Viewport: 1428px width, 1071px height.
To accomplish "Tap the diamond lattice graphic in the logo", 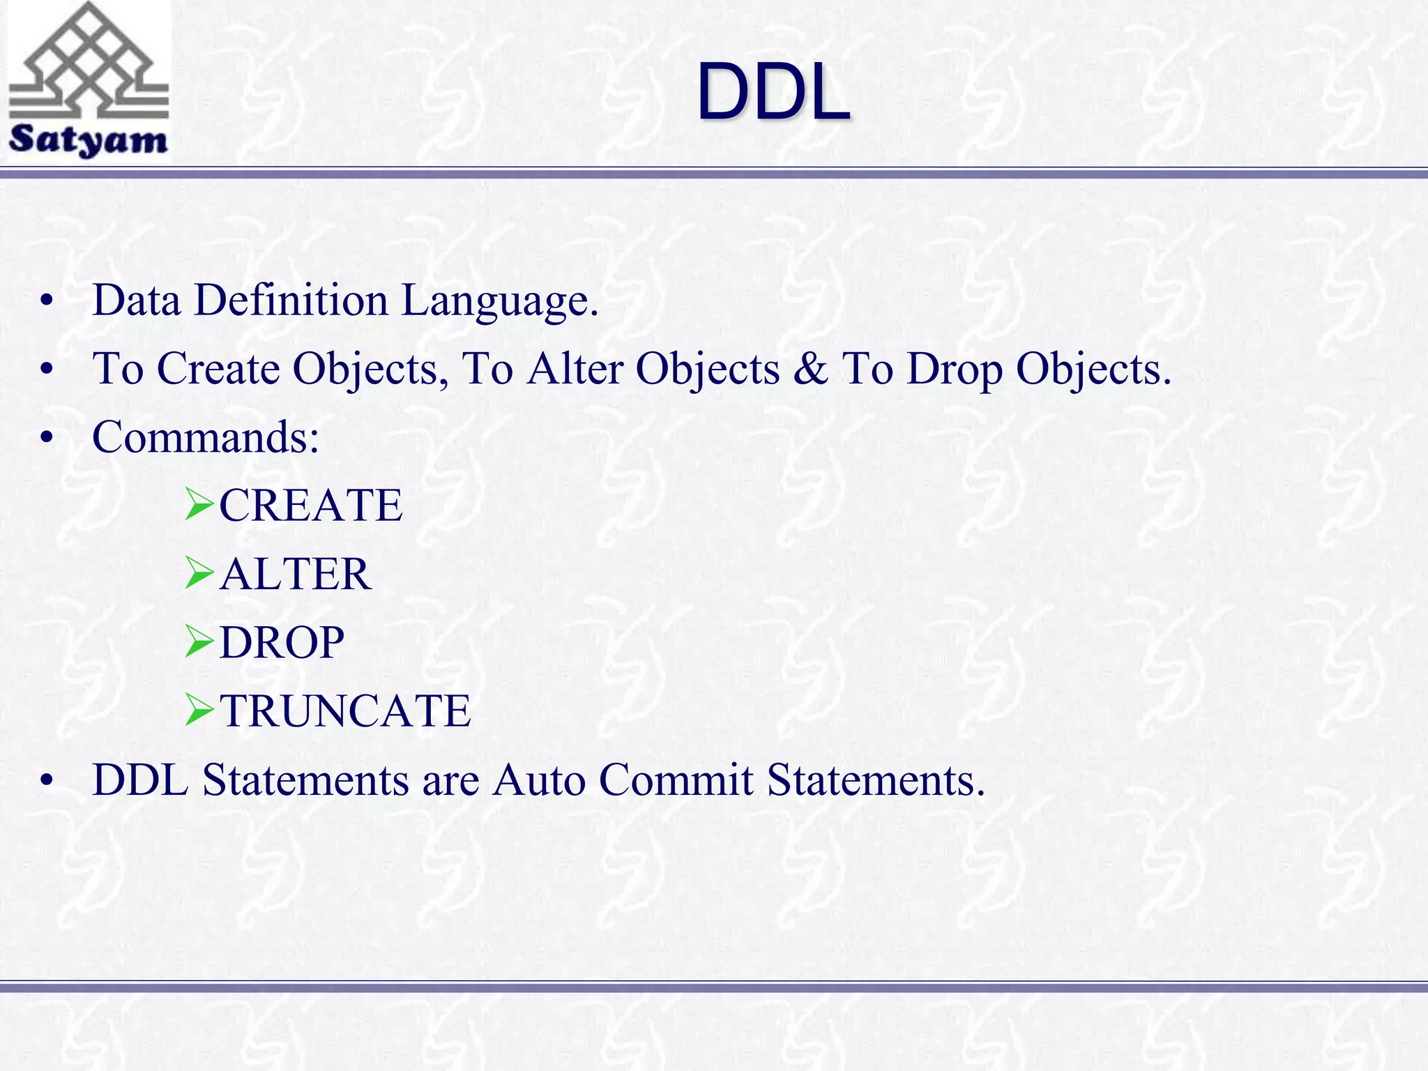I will coord(89,59).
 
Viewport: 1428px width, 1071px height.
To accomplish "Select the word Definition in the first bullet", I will coord(291,301).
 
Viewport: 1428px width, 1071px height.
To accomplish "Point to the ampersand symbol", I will coord(810,368).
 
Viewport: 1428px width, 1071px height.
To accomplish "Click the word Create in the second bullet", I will coord(218,368).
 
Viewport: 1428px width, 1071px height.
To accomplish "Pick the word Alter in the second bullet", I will coord(575,368).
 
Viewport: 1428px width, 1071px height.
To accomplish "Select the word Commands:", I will coord(206,437).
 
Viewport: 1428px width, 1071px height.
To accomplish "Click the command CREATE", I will coord(311,506).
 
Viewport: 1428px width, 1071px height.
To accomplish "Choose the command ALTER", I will coord(295,574).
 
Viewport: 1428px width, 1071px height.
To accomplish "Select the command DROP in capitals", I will coord(282,642).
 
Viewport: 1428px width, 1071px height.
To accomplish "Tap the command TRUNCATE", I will coord(345,711).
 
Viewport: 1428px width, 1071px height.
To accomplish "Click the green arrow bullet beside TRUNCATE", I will coord(199,711).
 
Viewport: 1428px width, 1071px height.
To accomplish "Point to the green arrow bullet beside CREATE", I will coord(199,506).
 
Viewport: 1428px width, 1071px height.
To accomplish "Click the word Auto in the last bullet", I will coord(538,780).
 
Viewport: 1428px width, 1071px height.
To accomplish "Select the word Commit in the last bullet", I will coord(676,780).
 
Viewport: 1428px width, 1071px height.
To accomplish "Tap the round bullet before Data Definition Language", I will coord(47,302).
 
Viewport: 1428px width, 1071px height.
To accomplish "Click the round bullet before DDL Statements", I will coord(47,781).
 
